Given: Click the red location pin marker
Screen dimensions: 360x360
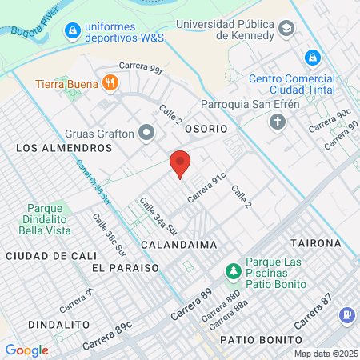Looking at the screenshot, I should [181, 163].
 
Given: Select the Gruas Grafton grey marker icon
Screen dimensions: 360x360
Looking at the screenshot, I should [146, 133].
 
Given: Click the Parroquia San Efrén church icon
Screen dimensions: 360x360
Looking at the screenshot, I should [277, 122].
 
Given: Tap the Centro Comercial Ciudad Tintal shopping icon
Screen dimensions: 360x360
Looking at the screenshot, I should [313, 58].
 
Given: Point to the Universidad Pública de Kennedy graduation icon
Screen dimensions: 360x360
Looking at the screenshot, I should [286, 29].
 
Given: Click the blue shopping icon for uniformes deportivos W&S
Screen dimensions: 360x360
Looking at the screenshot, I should [73, 30].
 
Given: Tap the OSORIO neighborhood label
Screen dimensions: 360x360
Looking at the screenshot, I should [206, 128].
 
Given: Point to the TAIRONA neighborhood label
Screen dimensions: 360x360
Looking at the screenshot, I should [316, 242].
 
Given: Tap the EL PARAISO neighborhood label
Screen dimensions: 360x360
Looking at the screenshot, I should [125, 267].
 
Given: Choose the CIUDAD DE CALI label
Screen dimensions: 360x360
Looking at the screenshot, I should [42, 255].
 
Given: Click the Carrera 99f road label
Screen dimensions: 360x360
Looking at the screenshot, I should [142, 66].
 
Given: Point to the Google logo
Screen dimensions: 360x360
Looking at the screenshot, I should [26, 350].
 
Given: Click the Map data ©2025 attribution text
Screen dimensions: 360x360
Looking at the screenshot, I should [324, 354].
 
